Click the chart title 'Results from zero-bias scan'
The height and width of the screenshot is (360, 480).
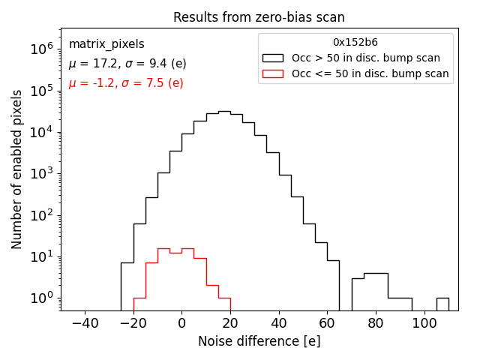pos(259,17)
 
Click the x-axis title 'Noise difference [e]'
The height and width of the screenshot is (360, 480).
pos(259,341)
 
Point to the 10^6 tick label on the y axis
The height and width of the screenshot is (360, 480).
pos(41,49)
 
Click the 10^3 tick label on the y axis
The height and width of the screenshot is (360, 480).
pos(41,173)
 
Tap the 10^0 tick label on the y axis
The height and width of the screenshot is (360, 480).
pos(41,298)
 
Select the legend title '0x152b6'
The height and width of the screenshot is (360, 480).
pos(355,43)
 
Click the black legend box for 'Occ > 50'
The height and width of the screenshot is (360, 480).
pos(274,58)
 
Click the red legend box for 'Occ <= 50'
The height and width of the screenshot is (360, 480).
pos(274,73)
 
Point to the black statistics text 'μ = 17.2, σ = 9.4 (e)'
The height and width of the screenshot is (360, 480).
pos(127,64)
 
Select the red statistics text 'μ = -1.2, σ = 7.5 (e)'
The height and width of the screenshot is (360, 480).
pos(126,83)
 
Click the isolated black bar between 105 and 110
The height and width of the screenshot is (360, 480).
pos(442,304)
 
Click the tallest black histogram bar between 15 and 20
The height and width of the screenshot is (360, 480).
pos(223,210)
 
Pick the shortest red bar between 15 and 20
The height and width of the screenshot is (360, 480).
pos(223,304)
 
